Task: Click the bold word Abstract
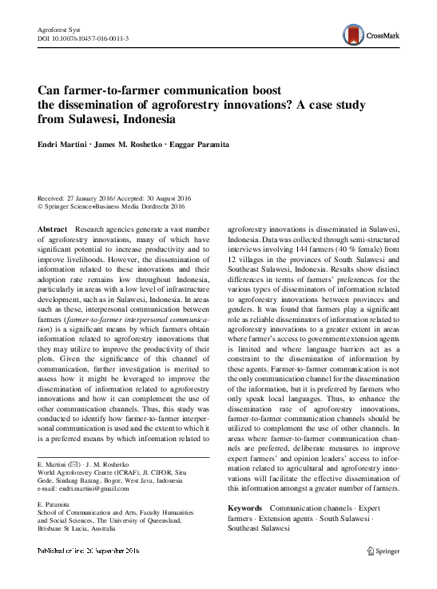pos(53,229)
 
